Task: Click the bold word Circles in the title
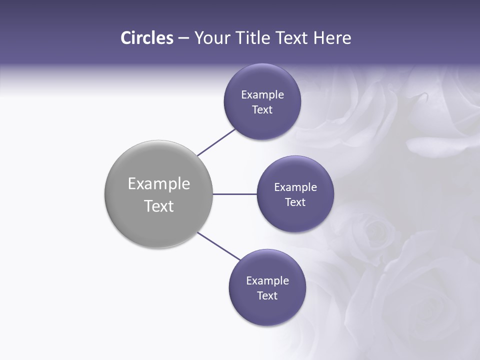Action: pos(146,38)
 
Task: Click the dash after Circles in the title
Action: pos(183,38)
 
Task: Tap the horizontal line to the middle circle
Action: pos(234,194)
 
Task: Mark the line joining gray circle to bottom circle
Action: pos(219,246)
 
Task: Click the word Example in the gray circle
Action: pos(159,184)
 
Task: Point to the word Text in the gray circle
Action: pos(159,206)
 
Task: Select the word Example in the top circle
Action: pos(262,95)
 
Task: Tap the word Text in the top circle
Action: pos(262,109)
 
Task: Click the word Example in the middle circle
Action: pos(295,187)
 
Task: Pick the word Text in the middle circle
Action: pos(295,202)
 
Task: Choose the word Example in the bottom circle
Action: pos(267,281)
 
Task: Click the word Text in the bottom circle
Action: pos(267,295)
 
